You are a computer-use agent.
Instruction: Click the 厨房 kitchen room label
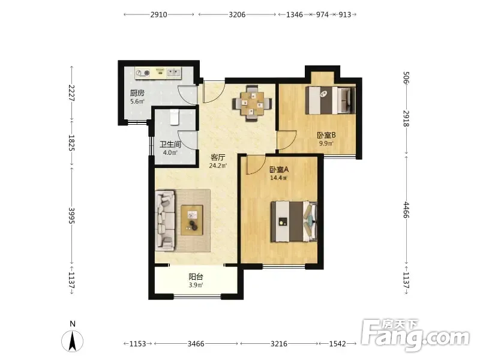pos(137,93)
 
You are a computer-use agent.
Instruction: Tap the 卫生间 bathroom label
pos(170,144)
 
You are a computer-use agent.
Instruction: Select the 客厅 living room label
pos(218,158)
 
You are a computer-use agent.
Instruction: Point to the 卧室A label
pos(279,169)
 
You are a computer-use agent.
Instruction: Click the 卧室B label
pos(326,135)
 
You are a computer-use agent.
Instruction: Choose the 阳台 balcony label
pos(196,277)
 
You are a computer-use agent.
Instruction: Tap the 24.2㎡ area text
pos(218,166)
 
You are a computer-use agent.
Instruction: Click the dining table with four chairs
pos(252,103)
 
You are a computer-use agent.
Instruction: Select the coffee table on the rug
pos(192,220)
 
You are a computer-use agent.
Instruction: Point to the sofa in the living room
pos(166,220)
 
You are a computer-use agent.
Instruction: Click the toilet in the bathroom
pos(174,117)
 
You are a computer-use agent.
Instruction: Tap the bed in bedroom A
pos(294,221)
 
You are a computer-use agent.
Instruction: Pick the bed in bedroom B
pos(331,100)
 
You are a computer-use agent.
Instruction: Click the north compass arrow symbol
pos(73,341)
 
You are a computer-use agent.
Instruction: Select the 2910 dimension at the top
pos(158,14)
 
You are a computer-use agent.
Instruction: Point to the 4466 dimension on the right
pos(406,209)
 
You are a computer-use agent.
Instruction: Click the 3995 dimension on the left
pos(71,215)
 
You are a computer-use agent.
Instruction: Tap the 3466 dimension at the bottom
pos(196,344)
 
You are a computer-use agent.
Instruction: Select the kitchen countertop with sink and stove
pos(158,73)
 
